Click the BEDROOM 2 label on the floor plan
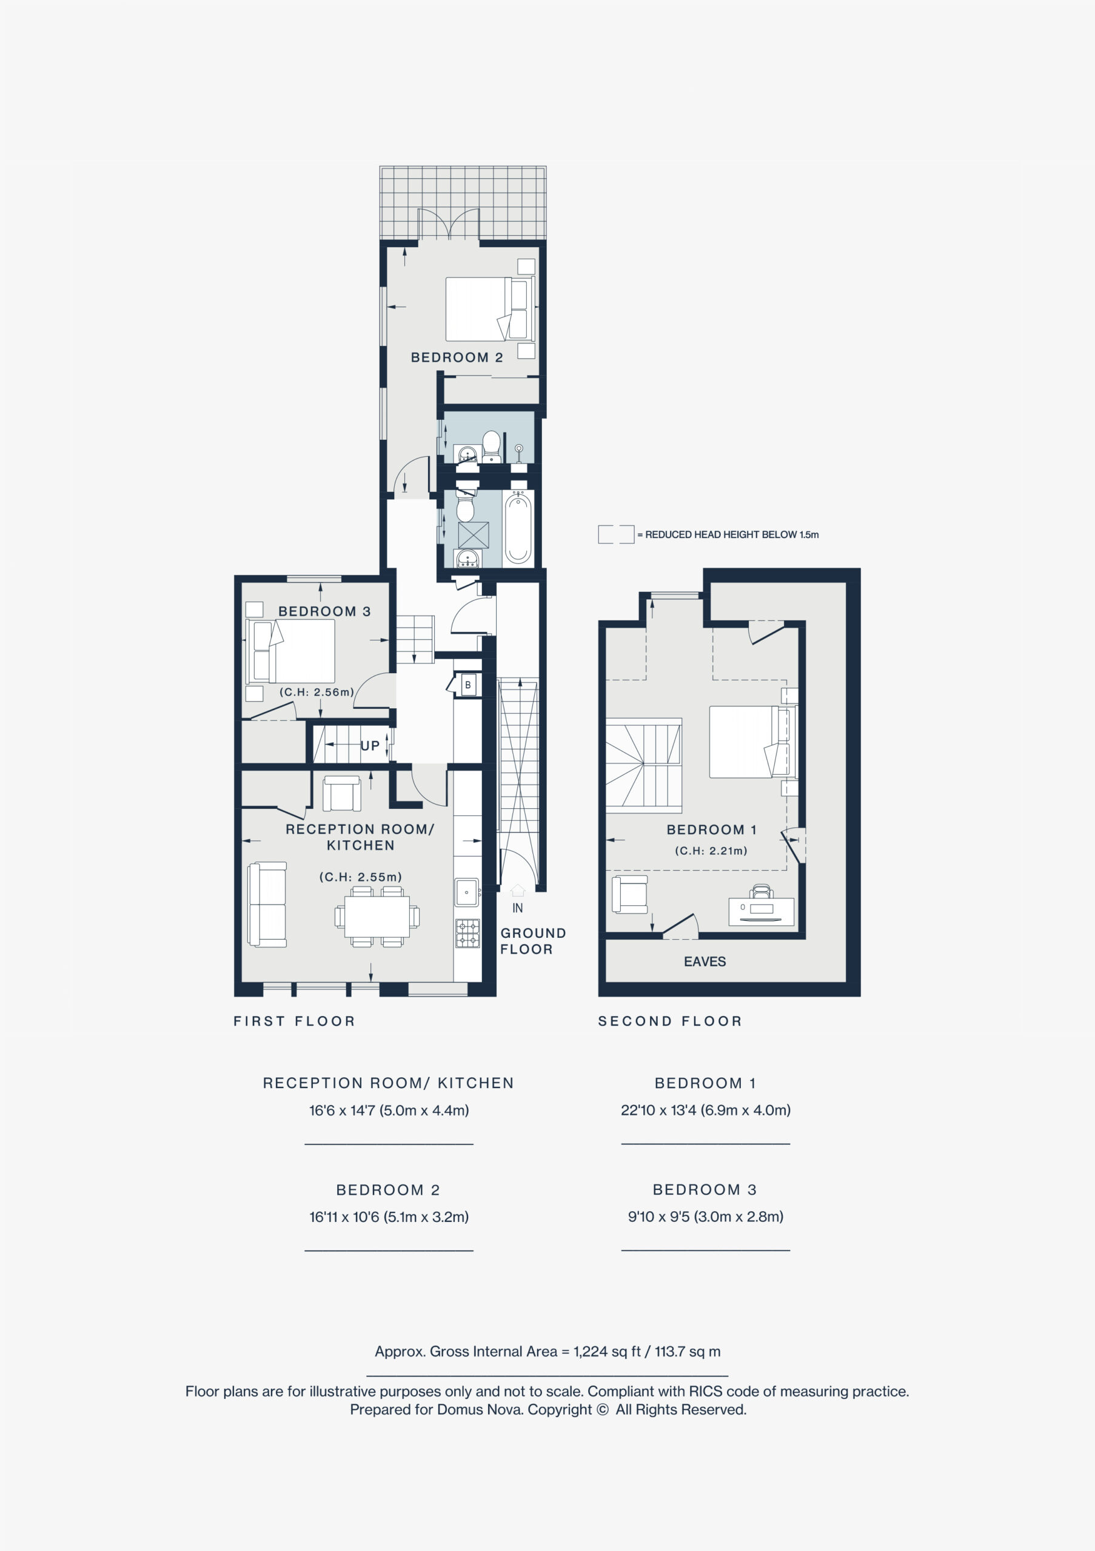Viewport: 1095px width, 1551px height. pos(457,357)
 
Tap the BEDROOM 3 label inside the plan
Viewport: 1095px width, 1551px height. pos(324,611)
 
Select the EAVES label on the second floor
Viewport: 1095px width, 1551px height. pos(705,961)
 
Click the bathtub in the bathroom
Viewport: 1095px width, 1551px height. pos(518,528)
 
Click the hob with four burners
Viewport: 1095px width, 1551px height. pos(467,933)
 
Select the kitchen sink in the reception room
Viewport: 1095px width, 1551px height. pos(466,892)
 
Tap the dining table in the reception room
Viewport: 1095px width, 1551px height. pos(377,917)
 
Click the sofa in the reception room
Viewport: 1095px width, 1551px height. pos(267,905)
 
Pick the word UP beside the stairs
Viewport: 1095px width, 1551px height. pos(370,746)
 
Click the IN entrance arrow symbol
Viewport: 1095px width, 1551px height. pos(518,891)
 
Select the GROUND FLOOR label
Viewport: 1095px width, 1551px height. pos(534,941)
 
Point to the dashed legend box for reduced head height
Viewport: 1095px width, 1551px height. pos(616,534)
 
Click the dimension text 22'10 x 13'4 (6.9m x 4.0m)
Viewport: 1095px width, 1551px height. pos(706,1110)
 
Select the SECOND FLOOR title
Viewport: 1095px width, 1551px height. pos(670,1021)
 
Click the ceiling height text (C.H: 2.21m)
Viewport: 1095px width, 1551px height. pos(711,851)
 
